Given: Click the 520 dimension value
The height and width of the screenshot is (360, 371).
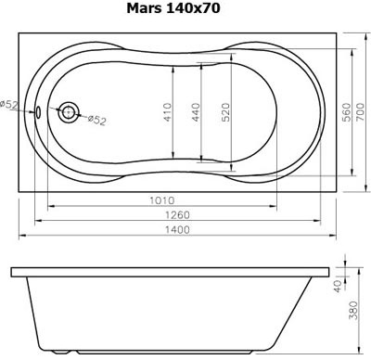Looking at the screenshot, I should pos(224,112).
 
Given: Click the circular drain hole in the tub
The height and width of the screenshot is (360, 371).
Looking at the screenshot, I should pos(70,112).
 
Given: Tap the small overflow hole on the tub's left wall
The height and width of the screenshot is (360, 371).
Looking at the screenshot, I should pos(39,112).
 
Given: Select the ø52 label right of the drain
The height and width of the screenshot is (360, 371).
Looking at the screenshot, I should pos(94,120).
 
